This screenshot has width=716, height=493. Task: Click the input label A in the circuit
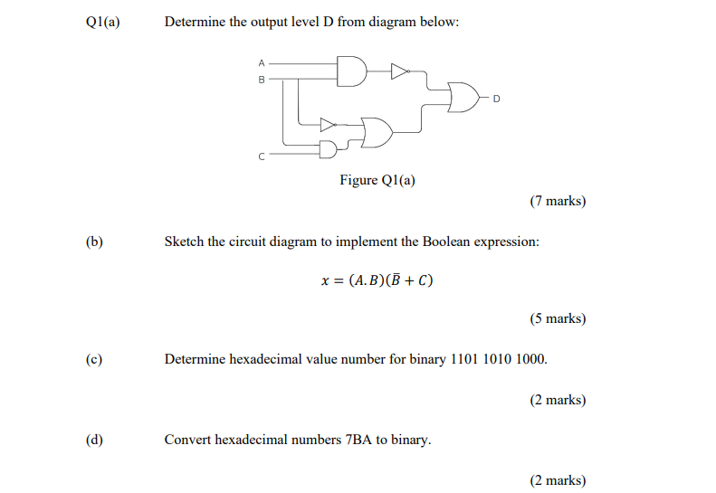(x=262, y=63)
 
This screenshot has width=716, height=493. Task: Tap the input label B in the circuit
(x=262, y=80)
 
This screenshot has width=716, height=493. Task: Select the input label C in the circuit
(x=262, y=156)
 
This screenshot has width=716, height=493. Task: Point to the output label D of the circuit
(x=496, y=99)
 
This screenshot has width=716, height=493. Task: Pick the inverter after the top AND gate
(x=399, y=71)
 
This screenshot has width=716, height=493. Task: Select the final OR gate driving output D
(x=463, y=98)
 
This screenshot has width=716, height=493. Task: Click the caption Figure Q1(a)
(x=377, y=180)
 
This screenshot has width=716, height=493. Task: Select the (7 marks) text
(x=558, y=201)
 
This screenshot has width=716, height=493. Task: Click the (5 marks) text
(x=558, y=318)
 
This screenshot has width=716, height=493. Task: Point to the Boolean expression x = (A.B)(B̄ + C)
(x=377, y=280)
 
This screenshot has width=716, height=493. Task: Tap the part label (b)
(x=94, y=242)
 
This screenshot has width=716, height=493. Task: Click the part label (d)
(x=94, y=440)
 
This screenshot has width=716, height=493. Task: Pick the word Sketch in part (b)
(x=184, y=242)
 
